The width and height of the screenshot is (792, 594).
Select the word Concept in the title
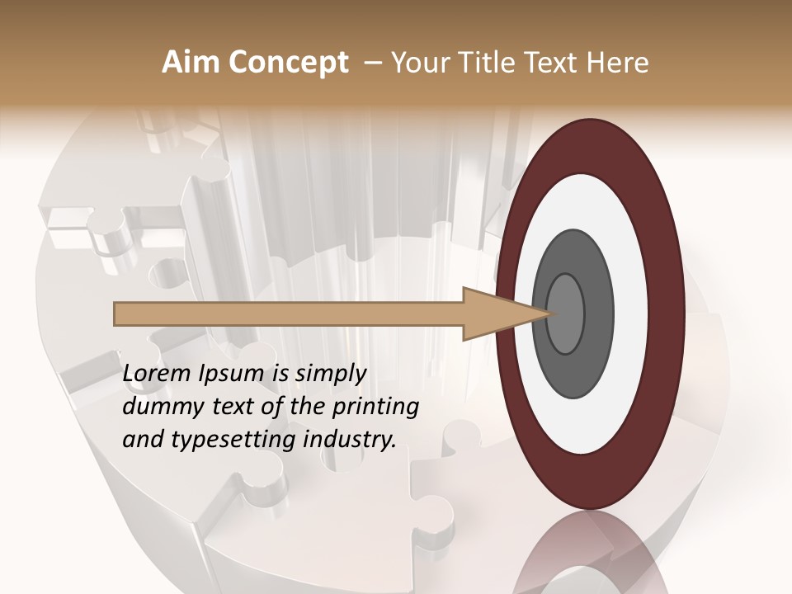[x=288, y=63]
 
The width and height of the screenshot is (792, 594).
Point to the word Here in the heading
[x=620, y=63]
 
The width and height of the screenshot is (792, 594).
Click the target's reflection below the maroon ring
[x=590, y=553]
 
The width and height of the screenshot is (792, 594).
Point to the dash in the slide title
[x=373, y=63]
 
